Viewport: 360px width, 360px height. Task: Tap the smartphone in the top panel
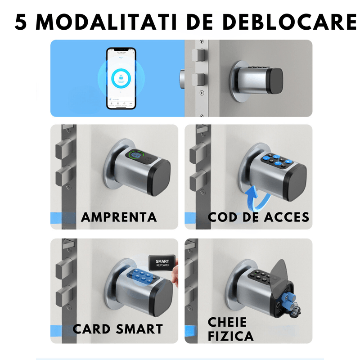click(x=121, y=78)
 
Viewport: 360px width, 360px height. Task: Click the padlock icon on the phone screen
click(x=121, y=78)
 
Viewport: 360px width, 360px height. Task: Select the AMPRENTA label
click(x=119, y=217)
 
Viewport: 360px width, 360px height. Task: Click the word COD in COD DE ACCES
click(x=224, y=217)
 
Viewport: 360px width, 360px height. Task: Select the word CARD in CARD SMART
click(x=92, y=329)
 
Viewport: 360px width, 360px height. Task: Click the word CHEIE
click(x=227, y=322)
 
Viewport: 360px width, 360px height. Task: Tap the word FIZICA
click(x=230, y=336)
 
